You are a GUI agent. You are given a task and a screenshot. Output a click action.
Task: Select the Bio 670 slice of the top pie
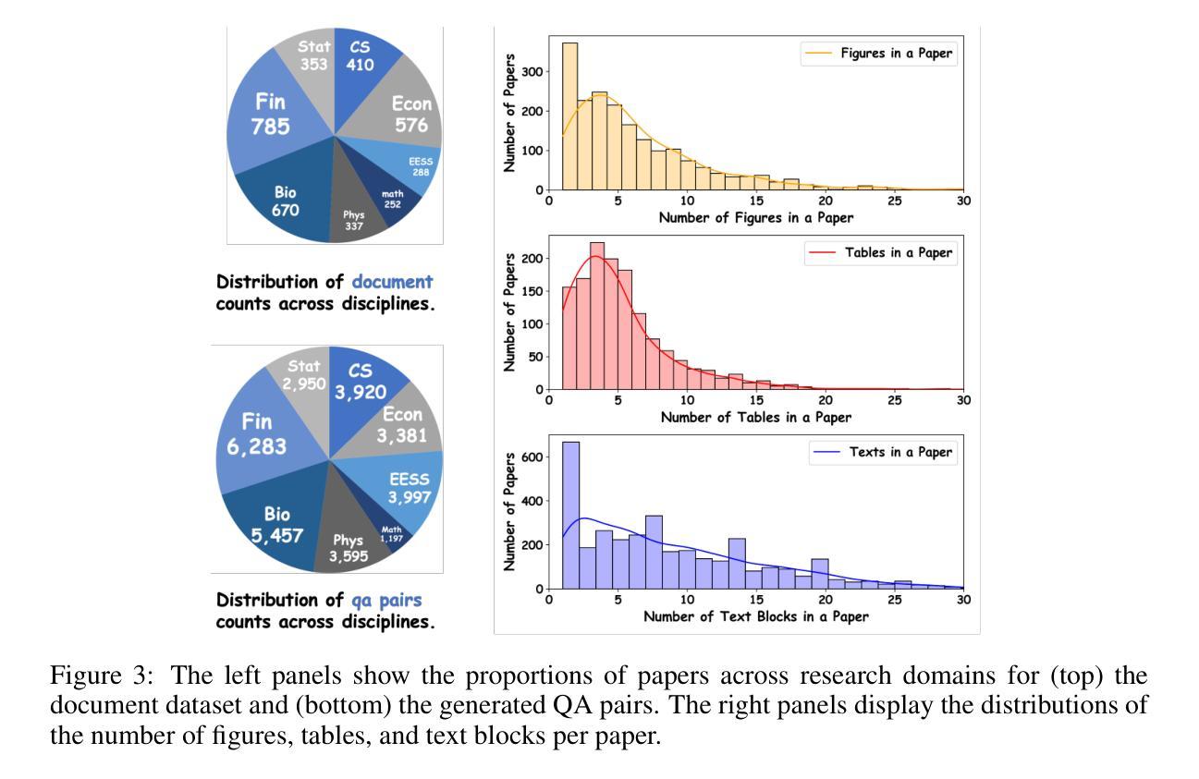pos(285,199)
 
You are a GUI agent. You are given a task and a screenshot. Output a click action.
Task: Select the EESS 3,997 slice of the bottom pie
pos(410,490)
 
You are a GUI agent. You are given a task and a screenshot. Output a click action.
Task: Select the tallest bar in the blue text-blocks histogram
pos(570,514)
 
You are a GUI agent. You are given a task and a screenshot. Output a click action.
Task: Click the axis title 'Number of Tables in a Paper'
pos(755,417)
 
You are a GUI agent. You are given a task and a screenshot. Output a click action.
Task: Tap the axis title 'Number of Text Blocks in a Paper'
pos(755,616)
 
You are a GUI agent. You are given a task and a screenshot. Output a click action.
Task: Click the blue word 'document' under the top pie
pos(392,281)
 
